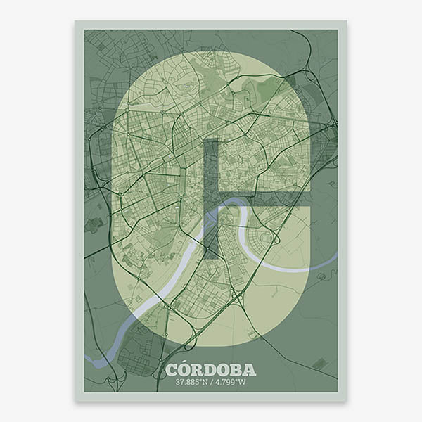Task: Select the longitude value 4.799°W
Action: click(232, 383)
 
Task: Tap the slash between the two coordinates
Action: click(212, 383)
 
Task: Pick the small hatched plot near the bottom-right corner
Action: click(319, 364)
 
